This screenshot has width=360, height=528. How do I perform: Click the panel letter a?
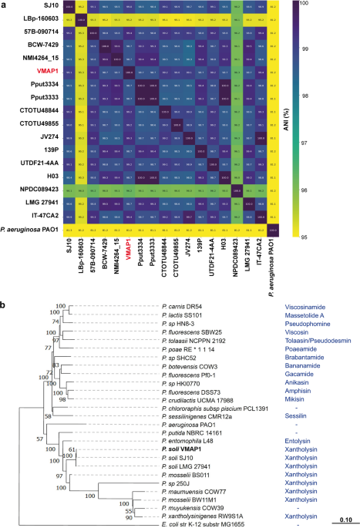[x=5, y=5]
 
